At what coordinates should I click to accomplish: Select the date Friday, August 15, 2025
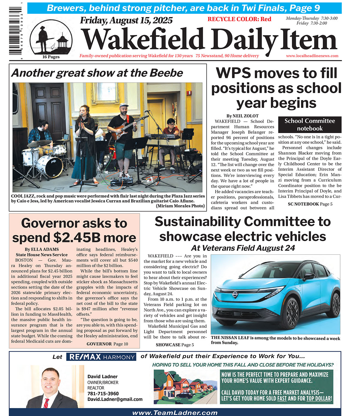126,20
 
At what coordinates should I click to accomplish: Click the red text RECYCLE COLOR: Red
239,19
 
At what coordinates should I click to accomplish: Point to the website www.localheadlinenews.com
312,56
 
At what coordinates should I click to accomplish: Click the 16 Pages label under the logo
51,57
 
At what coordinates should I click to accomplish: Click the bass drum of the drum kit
50,166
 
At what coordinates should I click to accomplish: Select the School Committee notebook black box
310,125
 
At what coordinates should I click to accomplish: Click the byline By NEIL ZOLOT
242,116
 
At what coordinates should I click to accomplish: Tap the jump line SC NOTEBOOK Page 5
310,204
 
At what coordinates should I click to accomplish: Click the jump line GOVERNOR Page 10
107,344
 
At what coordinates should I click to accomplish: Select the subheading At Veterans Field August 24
243,248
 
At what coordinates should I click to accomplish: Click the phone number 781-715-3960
103,394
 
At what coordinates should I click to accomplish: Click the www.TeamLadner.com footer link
175,413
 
